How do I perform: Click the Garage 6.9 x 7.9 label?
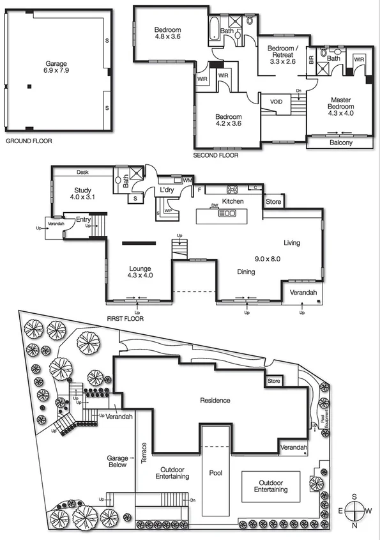point(56,68)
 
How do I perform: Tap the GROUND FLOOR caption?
point(29,141)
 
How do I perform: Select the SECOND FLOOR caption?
point(216,155)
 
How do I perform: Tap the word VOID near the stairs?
point(277,102)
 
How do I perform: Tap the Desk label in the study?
point(82,172)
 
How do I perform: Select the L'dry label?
point(167,190)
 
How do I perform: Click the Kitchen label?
point(233,201)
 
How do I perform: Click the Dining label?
point(247,272)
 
